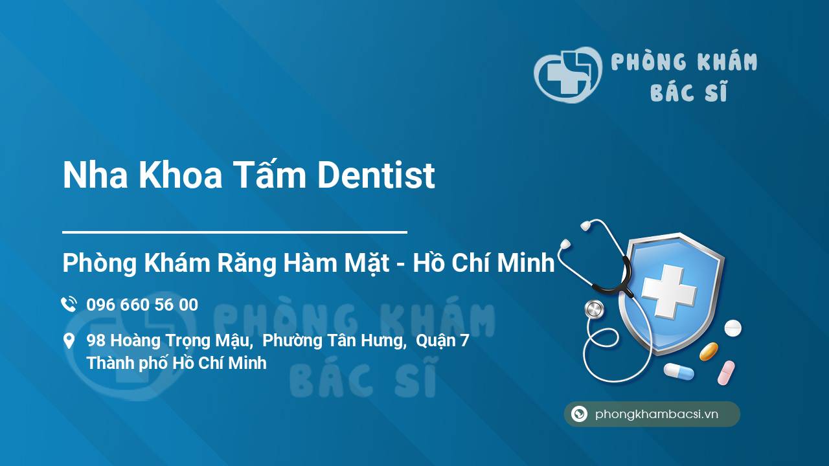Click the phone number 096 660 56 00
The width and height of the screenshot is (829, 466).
click(x=142, y=305)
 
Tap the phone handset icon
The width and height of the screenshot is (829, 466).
click(x=69, y=304)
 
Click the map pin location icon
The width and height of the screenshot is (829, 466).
click(x=69, y=341)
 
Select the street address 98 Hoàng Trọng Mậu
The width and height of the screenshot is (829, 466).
click(x=169, y=340)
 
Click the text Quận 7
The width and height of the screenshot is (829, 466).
click(x=442, y=340)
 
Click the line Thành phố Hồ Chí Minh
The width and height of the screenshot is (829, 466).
click(x=176, y=362)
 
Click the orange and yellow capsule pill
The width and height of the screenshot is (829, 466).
click(x=709, y=351)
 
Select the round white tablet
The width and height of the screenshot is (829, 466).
click(x=732, y=327)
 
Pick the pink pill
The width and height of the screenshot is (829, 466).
click(x=726, y=372)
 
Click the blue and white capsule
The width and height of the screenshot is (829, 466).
click(x=678, y=372)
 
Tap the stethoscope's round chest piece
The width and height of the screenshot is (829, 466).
click(x=593, y=309)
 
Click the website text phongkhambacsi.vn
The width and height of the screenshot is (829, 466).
click(x=657, y=415)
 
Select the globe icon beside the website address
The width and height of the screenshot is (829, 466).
click(x=579, y=414)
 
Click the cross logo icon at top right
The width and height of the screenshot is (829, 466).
click(x=567, y=74)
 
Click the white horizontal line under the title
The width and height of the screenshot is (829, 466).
click(x=234, y=231)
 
